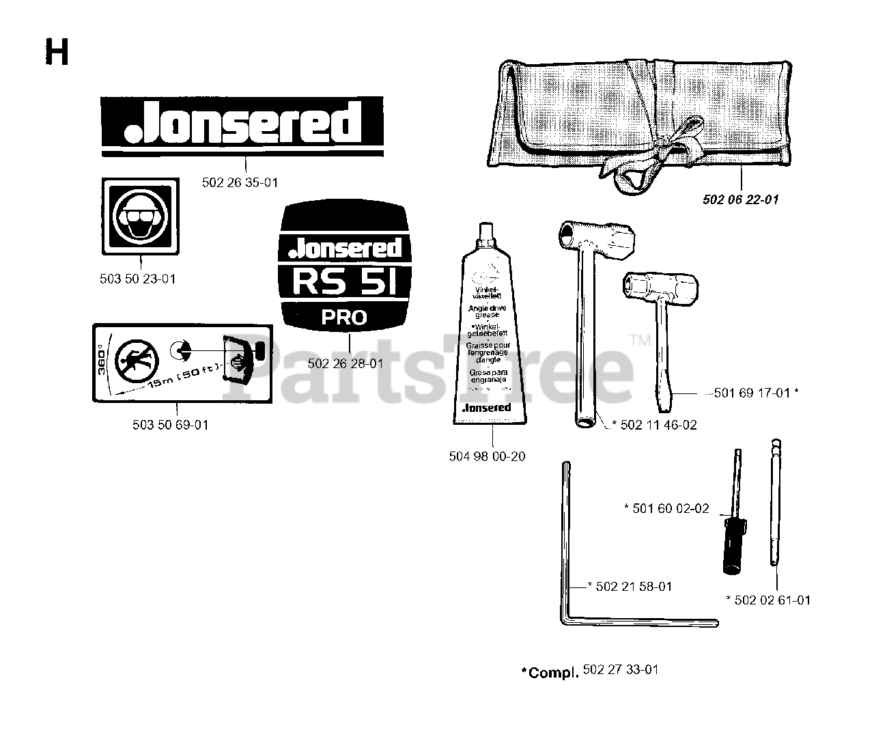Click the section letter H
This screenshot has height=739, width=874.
(x=57, y=52)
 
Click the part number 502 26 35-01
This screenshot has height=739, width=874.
(x=240, y=182)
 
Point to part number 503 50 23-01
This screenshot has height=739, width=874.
(x=137, y=279)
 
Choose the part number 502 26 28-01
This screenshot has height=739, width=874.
(x=346, y=364)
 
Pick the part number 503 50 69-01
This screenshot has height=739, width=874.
(x=170, y=425)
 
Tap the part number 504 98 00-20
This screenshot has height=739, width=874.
(x=487, y=456)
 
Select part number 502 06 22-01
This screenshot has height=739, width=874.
(x=741, y=199)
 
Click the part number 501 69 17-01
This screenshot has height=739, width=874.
(x=755, y=393)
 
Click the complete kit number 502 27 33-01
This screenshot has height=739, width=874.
(x=621, y=670)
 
